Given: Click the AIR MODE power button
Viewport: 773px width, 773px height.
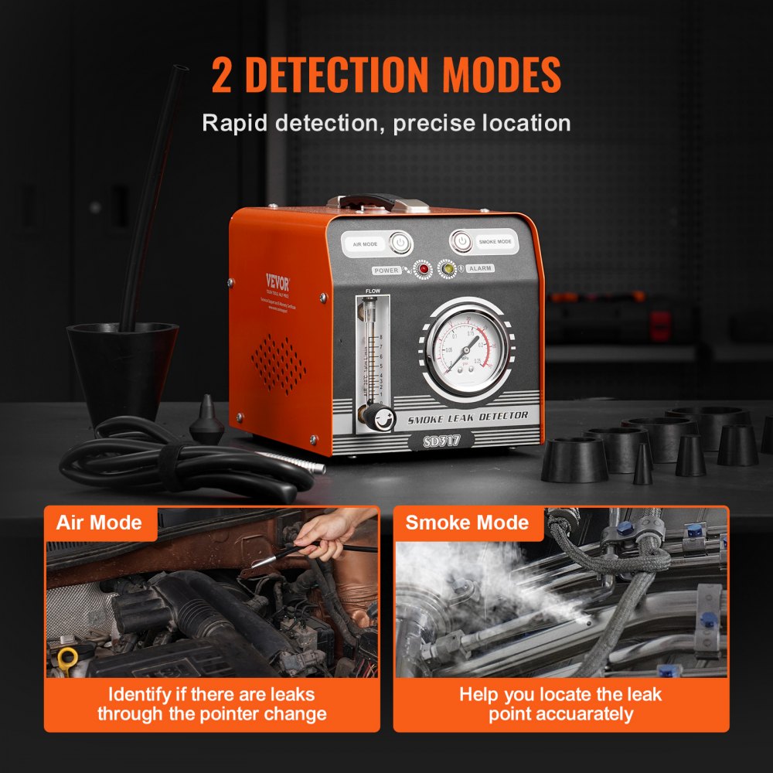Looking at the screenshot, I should coord(400,243).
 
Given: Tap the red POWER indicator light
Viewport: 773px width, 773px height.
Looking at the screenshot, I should coord(423,270).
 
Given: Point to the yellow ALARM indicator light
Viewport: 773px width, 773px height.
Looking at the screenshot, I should coord(447,269).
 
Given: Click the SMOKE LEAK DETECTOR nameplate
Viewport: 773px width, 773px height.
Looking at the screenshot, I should coord(468,416).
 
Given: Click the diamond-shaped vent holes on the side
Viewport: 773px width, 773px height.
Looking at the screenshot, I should coord(279,363).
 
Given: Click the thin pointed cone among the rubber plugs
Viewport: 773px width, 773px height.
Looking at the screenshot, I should coord(642,465).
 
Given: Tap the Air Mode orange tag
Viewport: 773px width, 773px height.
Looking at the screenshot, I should coord(100,523).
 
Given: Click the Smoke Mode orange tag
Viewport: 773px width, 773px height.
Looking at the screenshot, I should coord(467,523).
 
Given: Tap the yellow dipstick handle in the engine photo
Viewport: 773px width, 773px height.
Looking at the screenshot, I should coord(66,659).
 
